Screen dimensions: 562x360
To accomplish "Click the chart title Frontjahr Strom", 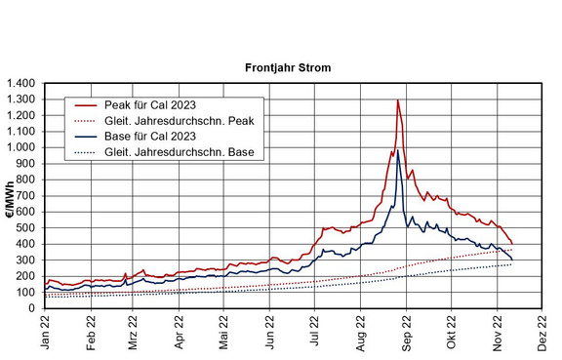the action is coord(288,67).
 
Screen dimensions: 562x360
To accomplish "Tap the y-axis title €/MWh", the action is coord(10,200).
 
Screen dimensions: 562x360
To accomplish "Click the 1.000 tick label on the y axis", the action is coord(21,147).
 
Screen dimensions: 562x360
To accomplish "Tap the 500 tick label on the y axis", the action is coord(27,228).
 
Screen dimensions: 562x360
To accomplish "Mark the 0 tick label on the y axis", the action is coord(32,308).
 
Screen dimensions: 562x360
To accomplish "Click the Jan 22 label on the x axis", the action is coord(45,333).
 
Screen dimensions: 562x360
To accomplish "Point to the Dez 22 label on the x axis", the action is coord(542,333).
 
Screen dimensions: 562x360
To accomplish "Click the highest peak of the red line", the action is coord(398,100).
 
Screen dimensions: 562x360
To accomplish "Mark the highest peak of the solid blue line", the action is coord(397,150).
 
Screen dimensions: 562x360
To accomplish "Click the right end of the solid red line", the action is coord(512,244).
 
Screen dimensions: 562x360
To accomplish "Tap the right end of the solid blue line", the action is coord(512,260).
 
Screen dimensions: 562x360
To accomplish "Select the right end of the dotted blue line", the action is coord(511,264).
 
